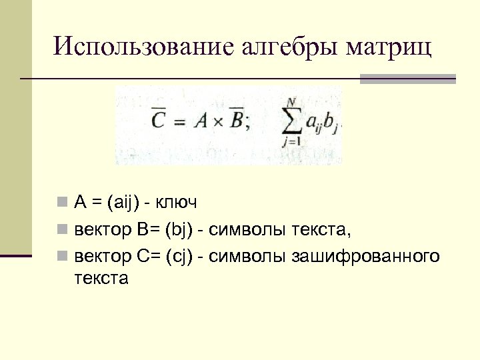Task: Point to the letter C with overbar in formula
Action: click(x=159, y=119)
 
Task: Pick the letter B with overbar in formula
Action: click(x=235, y=120)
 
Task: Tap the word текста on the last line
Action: click(x=101, y=278)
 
